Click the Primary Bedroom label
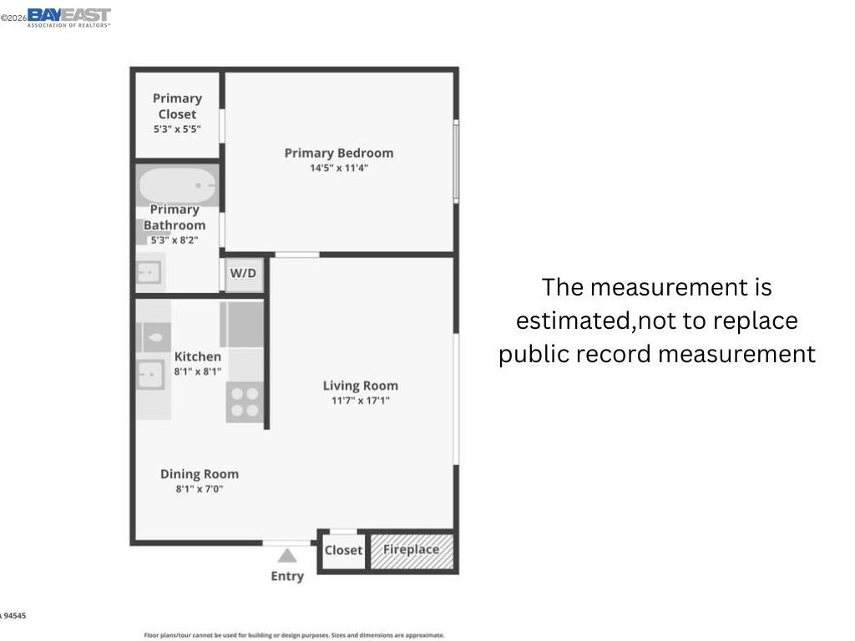tap(338, 153)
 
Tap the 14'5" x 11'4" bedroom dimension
tap(338, 168)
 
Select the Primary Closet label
tap(177, 106)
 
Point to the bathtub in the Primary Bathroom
tap(177, 185)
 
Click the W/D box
tap(243, 274)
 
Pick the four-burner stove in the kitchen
tap(245, 401)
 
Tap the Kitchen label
tap(198, 356)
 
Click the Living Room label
tap(361, 386)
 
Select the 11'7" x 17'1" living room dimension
tap(361, 401)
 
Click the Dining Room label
tap(200, 474)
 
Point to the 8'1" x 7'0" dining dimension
tap(200, 489)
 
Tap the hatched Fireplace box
tap(412, 550)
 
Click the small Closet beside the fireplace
tap(343, 550)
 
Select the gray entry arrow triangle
tap(287, 556)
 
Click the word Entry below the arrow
tap(287, 576)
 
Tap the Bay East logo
tap(68, 17)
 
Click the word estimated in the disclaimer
tap(573, 320)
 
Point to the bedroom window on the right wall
tap(456, 160)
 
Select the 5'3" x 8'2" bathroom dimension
tap(174, 240)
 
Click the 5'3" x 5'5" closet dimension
tap(177, 129)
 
